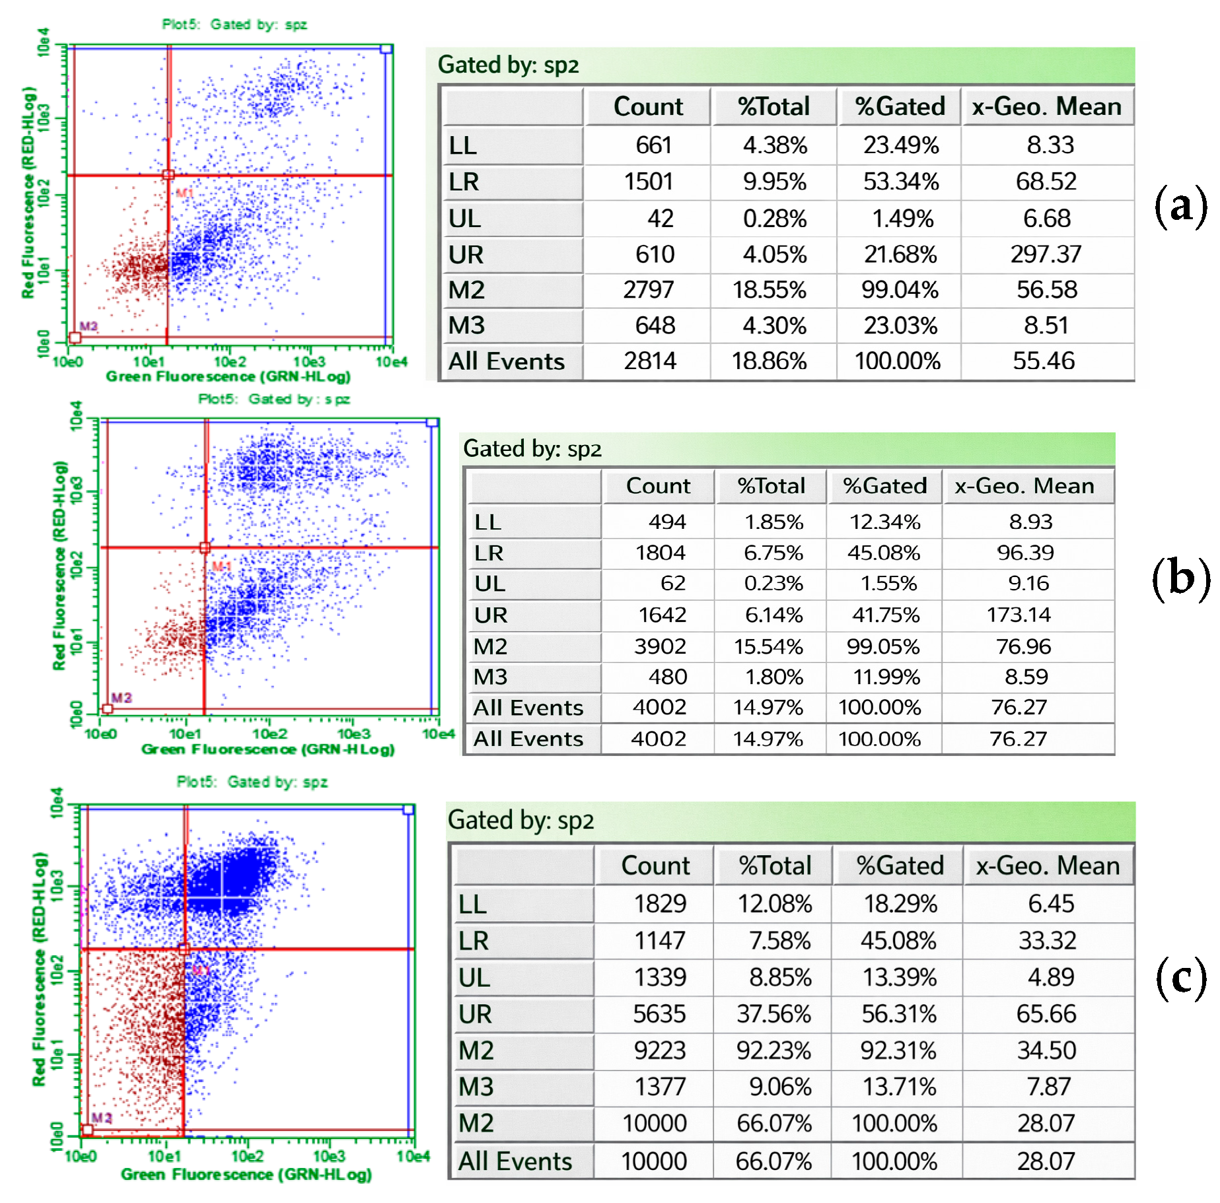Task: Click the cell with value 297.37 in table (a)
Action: pyautogui.click(x=1046, y=254)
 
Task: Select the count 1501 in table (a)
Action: pyautogui.click(x=649, y=182)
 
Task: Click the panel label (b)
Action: pyautogui.click(x=1180, y=578)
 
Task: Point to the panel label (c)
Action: pyautogui.click(x=1180, y=977)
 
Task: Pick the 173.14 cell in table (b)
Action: pyautogui.click(x=1019, y=615)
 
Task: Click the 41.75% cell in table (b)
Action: pyautogui.click(x=885, y=615)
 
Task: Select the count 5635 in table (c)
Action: pyautogui.click(x=659, y=1014)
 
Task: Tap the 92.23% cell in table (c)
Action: pyautogui.click(x=773, y=1050)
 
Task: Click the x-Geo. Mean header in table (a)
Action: pyautogui.click(x=1046, y=106)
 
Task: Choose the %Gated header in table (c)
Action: pyautogui.click(x=900, y=866)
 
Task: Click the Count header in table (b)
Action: pyautogui.click(x=658, y=486)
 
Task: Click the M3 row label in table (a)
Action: pyautogui.click(x=466, y=326)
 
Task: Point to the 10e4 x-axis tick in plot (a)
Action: pyautogui.click(x=391, y=362)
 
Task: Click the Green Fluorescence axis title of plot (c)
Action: pyautogui.click(x=246, y=1175)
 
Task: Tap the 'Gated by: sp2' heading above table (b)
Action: pyautogui.click(x=532, y=449)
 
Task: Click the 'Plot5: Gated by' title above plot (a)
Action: pyautogui.click(x=234, y=24)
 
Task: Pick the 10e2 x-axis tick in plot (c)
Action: pyautogui.click(x=248, y=1156)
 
